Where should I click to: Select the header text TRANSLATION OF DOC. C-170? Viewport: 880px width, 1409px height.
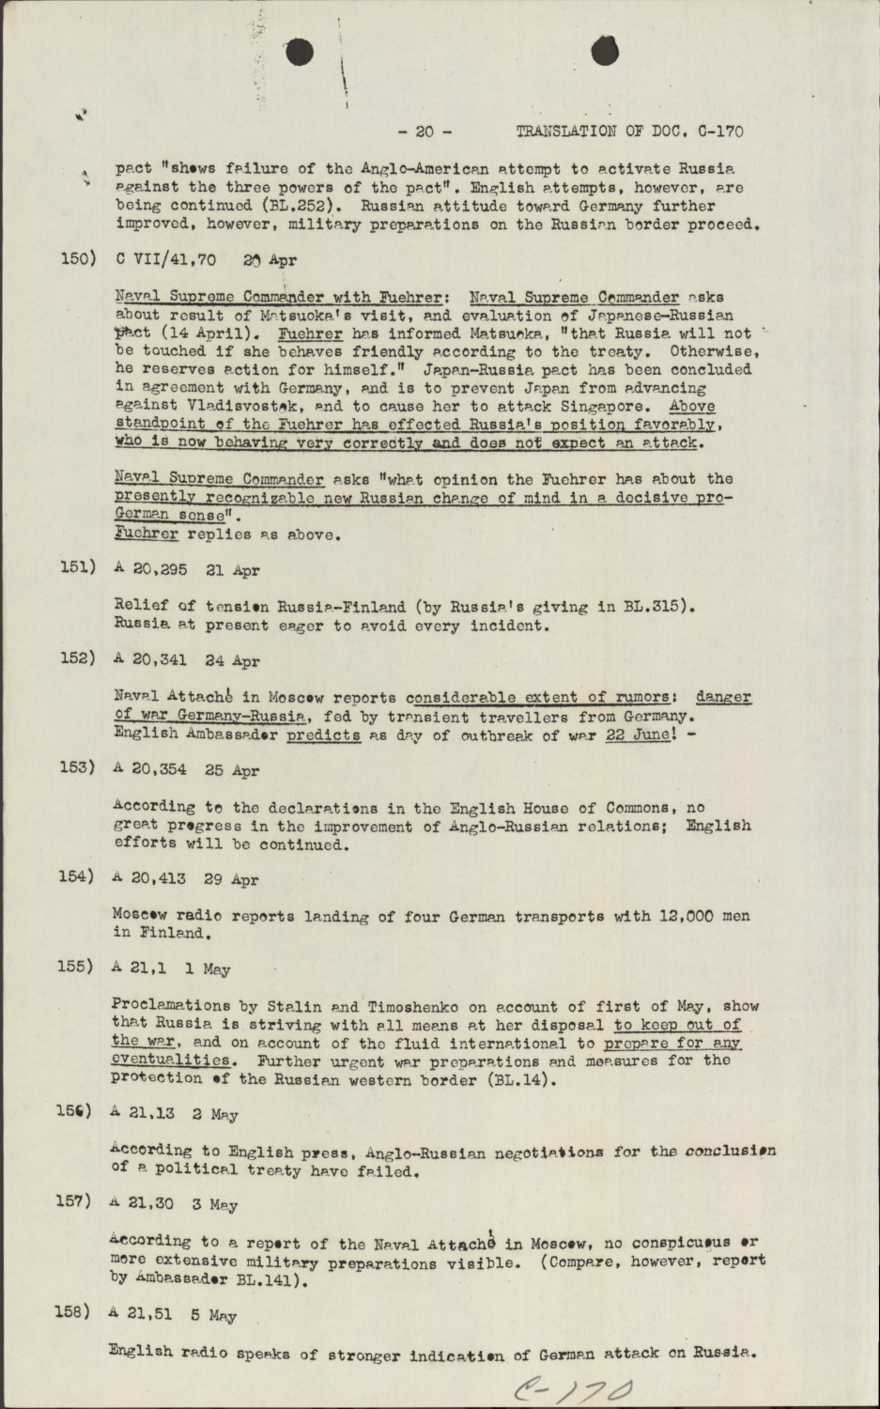629,132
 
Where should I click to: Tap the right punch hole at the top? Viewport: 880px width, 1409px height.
605,52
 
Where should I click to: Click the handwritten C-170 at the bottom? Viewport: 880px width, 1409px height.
573,1389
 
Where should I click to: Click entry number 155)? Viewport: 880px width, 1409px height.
75,967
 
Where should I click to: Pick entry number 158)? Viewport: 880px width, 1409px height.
72,1312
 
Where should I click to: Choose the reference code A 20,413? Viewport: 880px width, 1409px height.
148,878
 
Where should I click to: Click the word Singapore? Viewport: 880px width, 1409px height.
607,407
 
